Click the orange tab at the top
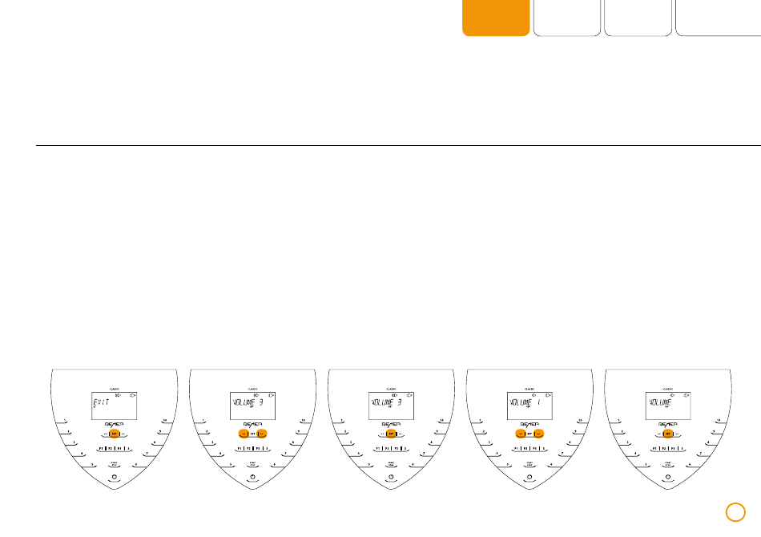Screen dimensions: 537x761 (496, 18)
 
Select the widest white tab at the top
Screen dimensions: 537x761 (718, 18)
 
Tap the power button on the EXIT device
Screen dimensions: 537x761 (114, 477)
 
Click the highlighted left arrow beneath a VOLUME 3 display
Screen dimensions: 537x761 (242, 434)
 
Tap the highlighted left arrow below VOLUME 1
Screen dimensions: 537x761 (519, 434)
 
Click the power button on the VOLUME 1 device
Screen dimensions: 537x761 (529, 477)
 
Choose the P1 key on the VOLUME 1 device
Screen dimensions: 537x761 (516, 449)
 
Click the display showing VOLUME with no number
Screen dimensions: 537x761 (667, 406)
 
